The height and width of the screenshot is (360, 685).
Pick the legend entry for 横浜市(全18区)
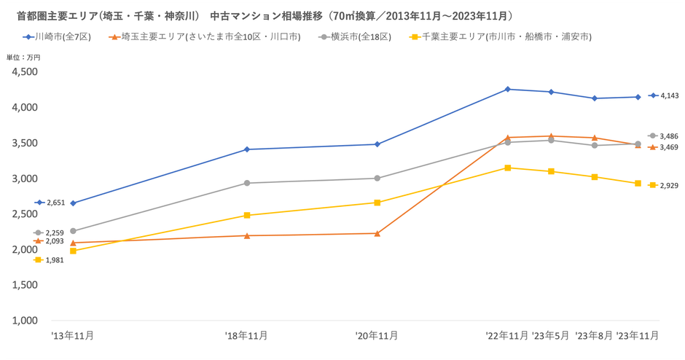tap(349, 36)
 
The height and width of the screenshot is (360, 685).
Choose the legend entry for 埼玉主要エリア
tap(204, 36)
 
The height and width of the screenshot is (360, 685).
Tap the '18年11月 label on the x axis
tap(247, 336)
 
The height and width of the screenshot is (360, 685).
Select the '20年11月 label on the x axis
tap(377, 336)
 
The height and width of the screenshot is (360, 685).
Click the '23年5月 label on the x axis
tap(551, 336)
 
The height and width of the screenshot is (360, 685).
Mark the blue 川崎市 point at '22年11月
tap(507, 89)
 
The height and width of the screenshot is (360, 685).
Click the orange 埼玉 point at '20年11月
tap(377, 233)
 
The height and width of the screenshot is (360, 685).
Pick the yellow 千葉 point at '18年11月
tap(247, 215)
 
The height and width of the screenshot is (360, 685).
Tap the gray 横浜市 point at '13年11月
tap(73, 230)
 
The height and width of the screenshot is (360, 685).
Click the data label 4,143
tap(669, 95)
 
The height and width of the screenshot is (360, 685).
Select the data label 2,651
tap(55, 203)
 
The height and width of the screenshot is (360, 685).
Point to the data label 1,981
tap(55, 260)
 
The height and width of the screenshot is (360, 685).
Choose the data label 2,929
tap(669, 185)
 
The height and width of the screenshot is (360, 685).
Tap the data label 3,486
tap(669, 136)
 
